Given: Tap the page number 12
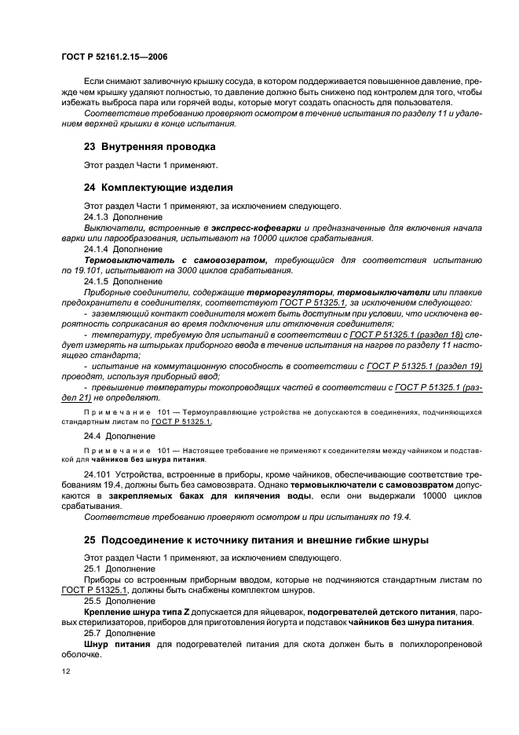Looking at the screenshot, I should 66,672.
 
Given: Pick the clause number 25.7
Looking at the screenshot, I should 92,633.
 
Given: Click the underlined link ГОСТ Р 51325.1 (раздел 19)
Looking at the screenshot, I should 427,367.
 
